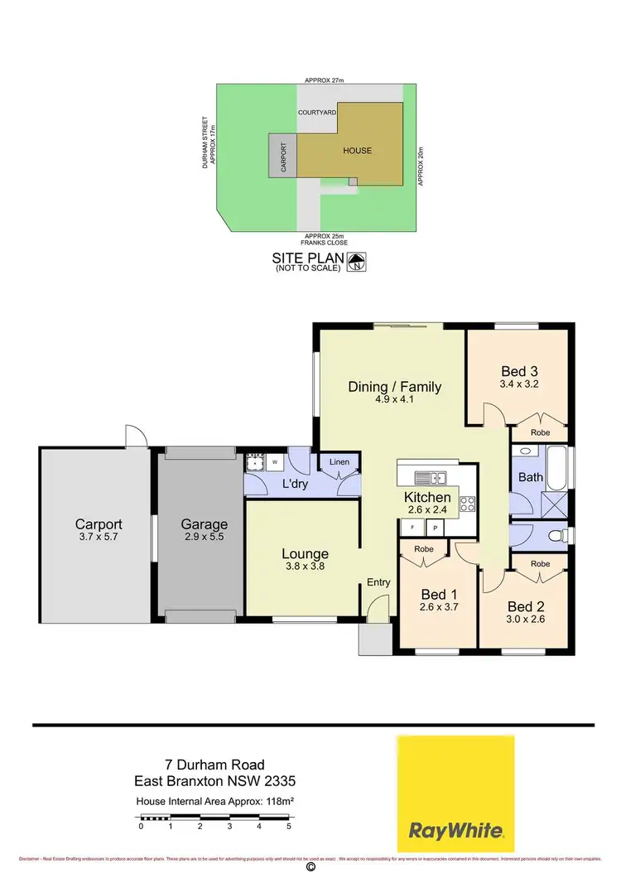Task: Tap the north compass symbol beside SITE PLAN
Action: coord(356,263)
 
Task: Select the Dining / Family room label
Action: coord(394,387)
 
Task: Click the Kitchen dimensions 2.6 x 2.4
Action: coord(427,510)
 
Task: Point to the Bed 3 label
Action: coord(519,371)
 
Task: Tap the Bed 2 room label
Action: coord(525,605)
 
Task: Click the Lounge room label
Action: coord(305,554)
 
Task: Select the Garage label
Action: coord(204,524)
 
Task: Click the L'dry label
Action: coord(295,485)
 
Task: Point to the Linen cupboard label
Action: coord(339,461)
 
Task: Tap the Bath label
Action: coord(530,478)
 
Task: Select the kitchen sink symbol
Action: coord(431,478)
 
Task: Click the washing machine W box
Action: coord(274,461)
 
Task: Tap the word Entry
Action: coord(378,582)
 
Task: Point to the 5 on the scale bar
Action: coord(289,826)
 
